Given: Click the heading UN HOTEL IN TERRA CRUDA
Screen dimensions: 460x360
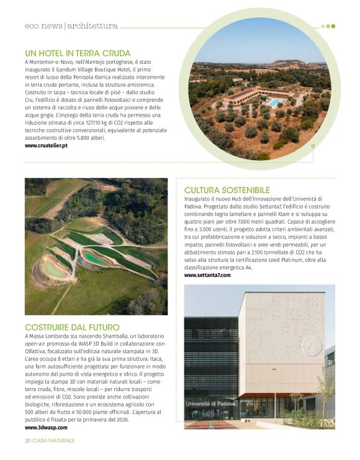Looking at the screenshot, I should point(78,53).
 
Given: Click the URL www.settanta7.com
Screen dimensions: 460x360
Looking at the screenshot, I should point(207,274).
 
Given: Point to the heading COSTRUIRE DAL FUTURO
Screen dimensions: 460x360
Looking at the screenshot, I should point(72,327).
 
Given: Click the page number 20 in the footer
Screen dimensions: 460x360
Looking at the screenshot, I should point(28,440).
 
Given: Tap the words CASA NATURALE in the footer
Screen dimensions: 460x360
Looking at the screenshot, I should point(54,440).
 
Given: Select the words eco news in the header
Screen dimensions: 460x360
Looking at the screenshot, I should point(43,26).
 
